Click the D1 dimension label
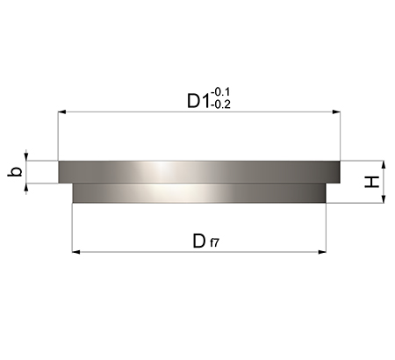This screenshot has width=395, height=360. tap(198, 101)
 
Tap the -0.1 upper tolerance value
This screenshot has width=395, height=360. tap(220, 92)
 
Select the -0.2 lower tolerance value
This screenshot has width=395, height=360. tap(220, 104)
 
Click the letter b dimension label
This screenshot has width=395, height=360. tap(15, 171)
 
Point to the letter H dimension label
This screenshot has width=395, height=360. tap(371, 182)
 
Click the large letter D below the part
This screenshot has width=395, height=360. tap(199, 241)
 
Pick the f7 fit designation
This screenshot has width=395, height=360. tap(214, 242)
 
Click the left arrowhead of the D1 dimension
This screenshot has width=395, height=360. tap(61, 112)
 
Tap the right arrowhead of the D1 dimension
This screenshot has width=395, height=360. tap(336, 112)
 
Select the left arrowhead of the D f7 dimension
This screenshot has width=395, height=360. tap(76, 252)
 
